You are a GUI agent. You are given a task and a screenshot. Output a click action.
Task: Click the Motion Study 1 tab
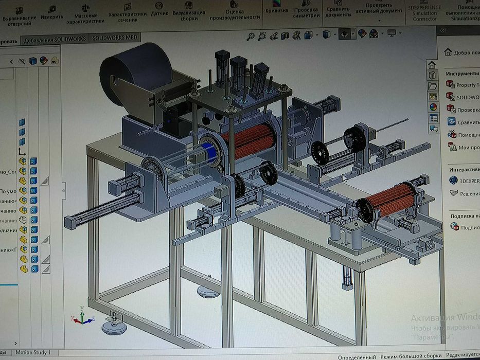click(x=32, y=352)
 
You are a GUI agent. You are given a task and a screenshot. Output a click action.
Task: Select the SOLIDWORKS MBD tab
click(x=114, y=38)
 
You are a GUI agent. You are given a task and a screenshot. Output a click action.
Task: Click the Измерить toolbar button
click(x=51, y=13)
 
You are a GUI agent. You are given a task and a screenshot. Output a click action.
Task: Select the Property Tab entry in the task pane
click(x=466, y=85)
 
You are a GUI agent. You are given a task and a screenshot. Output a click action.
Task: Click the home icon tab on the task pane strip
click(x=432, y=65)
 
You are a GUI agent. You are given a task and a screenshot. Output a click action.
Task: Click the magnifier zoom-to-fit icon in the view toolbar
click(x=251, y=36)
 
